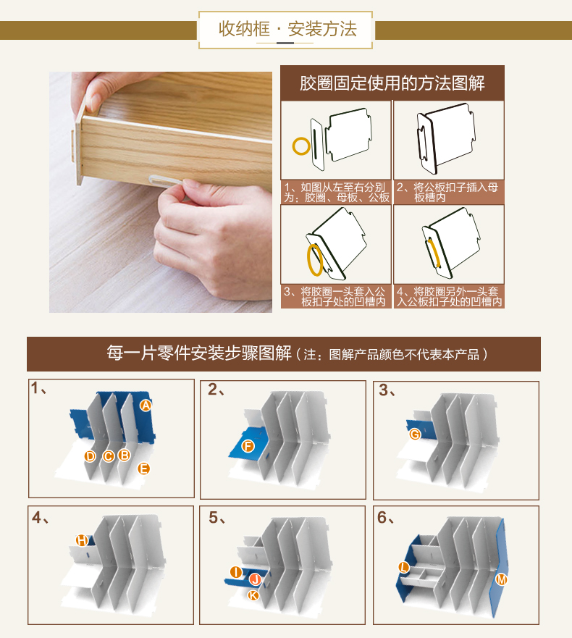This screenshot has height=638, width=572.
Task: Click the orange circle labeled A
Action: point(146,406)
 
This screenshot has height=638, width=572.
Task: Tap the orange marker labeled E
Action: point(143,469)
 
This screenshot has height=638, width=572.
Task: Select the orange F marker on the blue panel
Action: point(248,446)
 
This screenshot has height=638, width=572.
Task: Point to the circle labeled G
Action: point(415,435)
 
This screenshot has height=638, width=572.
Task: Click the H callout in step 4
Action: point(82,540)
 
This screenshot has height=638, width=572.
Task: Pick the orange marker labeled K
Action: point(253,595)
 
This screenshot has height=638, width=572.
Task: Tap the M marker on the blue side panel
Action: point(501,579)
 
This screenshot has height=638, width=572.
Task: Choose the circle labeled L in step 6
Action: point(403,567)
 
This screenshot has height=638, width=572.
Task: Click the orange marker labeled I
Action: point(236,572)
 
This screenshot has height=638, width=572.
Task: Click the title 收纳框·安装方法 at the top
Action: point(287,29)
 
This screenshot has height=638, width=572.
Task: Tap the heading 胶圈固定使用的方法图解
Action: point(392,83)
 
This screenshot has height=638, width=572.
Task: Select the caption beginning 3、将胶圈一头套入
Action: point(335,297)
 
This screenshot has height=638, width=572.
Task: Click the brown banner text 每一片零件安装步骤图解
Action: point(199,353)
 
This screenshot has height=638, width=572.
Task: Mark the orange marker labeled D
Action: point(90,456)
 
